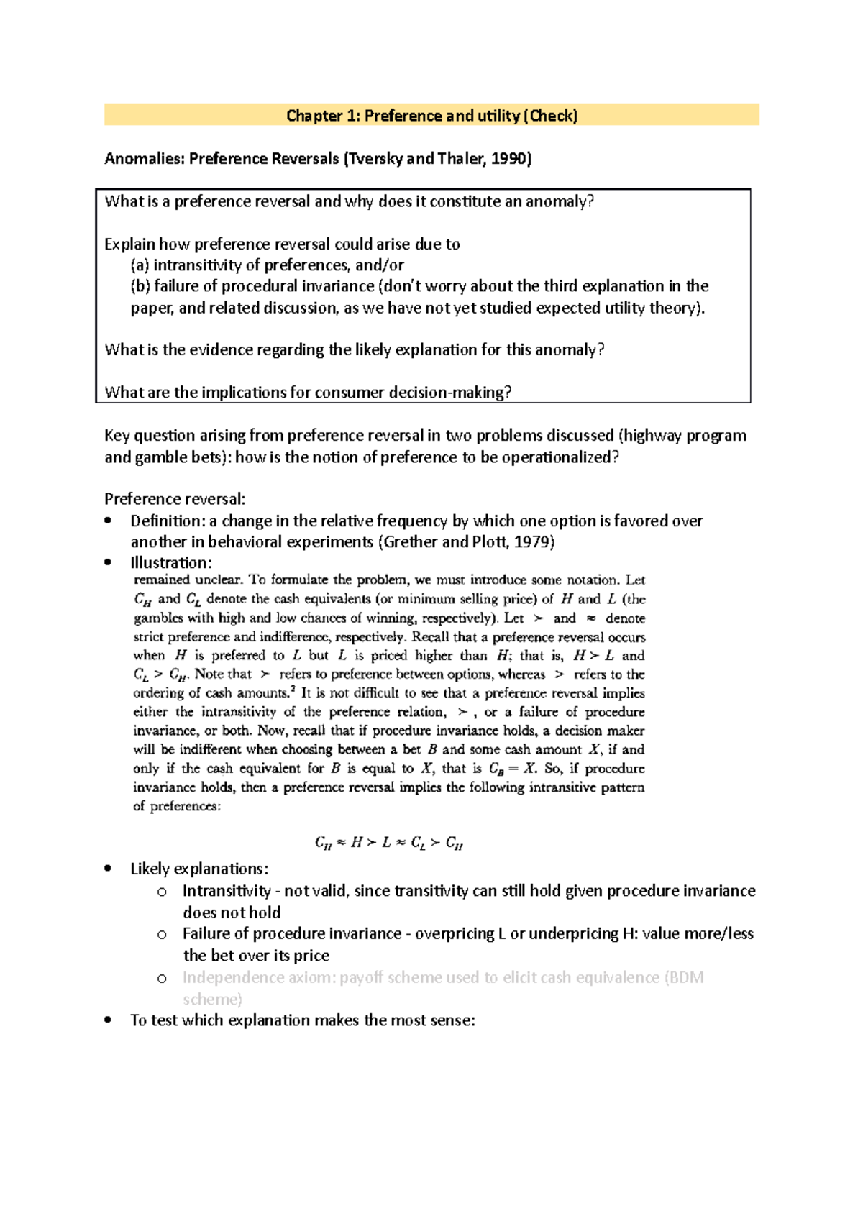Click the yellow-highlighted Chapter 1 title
[x=431, y=116]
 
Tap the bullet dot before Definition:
[x=108, y=521]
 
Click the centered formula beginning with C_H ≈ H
[x=389, y=843]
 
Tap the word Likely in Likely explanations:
[x=150, y=869]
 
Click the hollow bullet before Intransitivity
[x=162, y=892]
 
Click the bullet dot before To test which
[x=108, y=1020]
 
